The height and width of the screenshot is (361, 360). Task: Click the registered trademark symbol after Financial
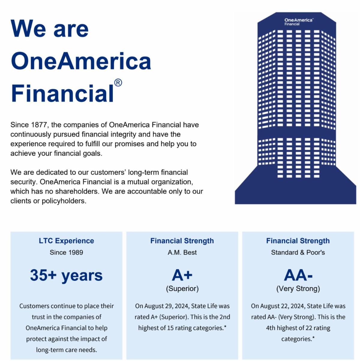point(118,83)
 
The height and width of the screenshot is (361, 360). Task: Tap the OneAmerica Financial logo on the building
point(298,22)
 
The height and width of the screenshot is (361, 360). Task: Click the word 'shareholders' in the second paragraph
point(77,191)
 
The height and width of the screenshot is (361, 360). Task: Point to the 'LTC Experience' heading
point(66,241)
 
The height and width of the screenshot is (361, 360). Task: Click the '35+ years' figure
point(66,275)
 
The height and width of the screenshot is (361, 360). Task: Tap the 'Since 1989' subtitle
point(66,252)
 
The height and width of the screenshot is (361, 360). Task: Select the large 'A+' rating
point(182,275)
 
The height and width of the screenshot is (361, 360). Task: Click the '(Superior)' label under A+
point(182,289)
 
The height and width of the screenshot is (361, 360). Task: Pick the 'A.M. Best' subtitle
point(182,252)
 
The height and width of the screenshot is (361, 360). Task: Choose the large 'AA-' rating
point(298,275)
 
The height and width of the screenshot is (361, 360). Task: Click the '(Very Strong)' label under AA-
point(298,289)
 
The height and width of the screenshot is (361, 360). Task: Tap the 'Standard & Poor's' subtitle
point(298,252)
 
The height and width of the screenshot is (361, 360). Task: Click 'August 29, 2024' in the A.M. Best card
point(167,306)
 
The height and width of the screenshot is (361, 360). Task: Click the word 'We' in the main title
point(28,29)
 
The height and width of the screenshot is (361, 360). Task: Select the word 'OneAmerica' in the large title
point(81,61)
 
